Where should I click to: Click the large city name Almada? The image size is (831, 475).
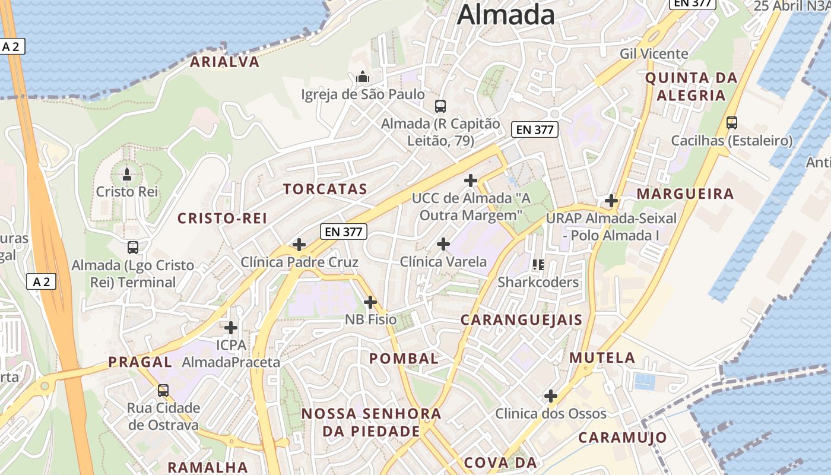pyautogui.click(x=506, y=14)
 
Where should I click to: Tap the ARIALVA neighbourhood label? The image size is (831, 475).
pyautogui.click(x=224, y=62)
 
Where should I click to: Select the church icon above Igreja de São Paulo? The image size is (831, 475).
pyautogui.click(x=363, y=77)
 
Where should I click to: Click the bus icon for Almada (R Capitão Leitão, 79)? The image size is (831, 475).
pyautogui.click(x=440, y=106)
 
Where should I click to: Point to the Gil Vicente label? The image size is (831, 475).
pyautogui.click(x=654, y=53)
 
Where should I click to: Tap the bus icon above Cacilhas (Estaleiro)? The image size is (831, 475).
pyautogui.click(x=732, y=123)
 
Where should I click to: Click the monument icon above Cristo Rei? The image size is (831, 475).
pyautogui.click(x=126, y=175)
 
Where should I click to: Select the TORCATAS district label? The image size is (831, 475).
pyautogui.click(x=325, y=189)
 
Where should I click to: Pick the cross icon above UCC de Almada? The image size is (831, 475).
pyautogui.click(x=471, y=180)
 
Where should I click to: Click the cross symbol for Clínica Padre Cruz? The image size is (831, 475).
pyautogui.click(x=299, y=245)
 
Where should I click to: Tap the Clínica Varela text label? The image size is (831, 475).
pyautogui.click(x=443, y=261)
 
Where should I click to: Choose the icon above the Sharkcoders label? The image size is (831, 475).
pyautogui.click(x=538, y=264)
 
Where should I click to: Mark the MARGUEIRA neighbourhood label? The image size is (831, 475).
pyautogui.click(x=685, y=194)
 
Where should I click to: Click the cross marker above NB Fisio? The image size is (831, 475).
pyautogui.click(x=370, y=302)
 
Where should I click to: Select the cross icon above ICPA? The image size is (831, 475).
pyautogui.click(x=231, y=327)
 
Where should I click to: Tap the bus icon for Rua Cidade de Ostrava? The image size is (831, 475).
pyautogui.click(x=163, y=391)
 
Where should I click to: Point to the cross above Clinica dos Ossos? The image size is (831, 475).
pyautogui.click(x=551, y=396)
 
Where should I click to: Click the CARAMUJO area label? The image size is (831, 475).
pyautogui.click(x=622, y=438)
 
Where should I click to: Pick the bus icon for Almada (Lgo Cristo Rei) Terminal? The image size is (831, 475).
pyautogui.click(x=133, y=248)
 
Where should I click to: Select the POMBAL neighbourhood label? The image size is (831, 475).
pyautogui.click(x=404, y=358)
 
